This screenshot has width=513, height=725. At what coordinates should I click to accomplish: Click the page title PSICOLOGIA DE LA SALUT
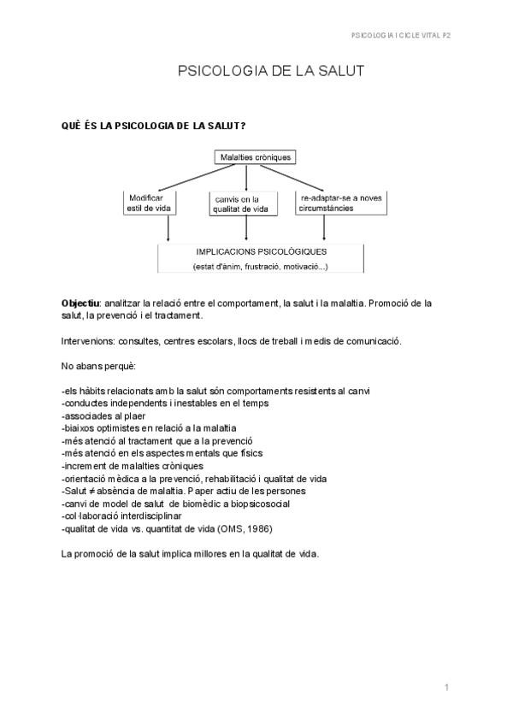point(270,72)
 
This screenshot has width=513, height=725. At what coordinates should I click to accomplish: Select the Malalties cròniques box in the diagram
point(256,157)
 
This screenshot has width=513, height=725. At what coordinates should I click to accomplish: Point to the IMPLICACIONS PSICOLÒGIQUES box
point(261,259)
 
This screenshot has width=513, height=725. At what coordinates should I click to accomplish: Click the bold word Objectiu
point(80,304)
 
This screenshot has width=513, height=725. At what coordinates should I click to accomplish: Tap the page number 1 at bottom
point(446,687)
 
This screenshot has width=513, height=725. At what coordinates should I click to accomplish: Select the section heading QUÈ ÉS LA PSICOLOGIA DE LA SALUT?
point(155,126)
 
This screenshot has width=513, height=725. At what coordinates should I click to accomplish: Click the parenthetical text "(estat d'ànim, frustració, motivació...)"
point(261,267)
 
